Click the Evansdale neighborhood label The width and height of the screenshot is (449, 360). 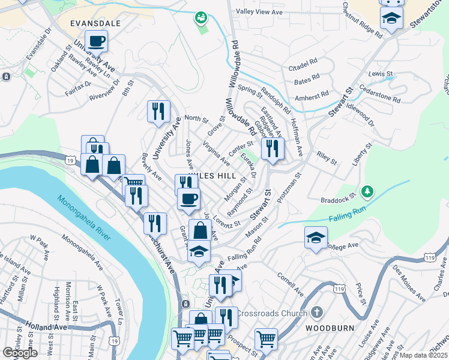coord(95,23)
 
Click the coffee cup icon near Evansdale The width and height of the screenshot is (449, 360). coord(96,42)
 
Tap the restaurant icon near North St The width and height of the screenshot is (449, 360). coord(158,110)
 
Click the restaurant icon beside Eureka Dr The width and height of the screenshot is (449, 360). coord(273,148)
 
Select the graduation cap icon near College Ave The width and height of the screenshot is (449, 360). coord(316,238)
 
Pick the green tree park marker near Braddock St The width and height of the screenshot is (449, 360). coord(367,192)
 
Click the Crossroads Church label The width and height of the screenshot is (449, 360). coord(272,313)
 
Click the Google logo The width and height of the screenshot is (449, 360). coord(20,353)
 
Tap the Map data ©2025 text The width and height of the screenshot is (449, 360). coord(424,355)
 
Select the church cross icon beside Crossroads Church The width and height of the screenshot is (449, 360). coord(316,313)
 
